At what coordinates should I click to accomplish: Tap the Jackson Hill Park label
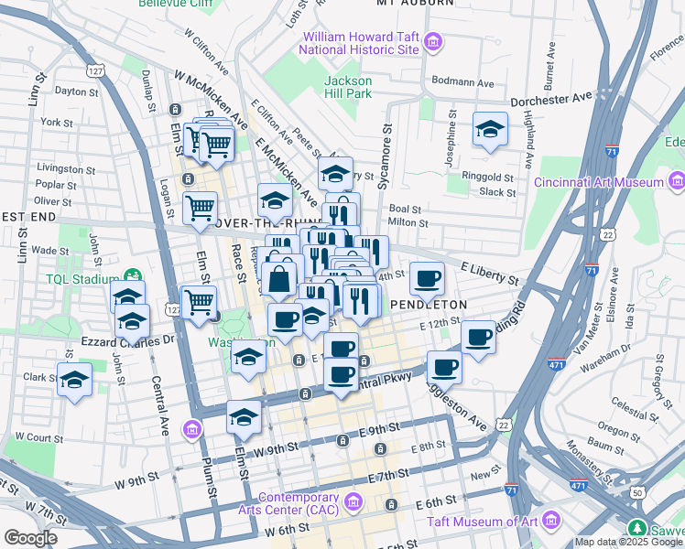click(348, 87)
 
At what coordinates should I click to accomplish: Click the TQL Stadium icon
click(133, 274)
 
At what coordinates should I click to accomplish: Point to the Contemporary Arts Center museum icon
click(355, 501)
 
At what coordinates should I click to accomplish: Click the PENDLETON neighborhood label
click(429, 304)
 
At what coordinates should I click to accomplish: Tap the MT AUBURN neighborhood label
click(416, 4)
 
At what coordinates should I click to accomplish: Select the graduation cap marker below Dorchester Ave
click(490, 130)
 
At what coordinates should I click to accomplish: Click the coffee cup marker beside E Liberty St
click(427, 278)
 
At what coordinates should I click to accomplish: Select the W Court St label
click(28, 437)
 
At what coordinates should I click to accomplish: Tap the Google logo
click(31, 538)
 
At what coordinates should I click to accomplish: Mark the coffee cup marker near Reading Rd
click(478, 337)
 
